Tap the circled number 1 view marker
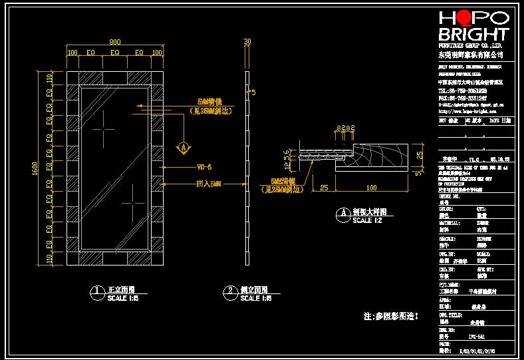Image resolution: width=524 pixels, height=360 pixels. click(97, 291)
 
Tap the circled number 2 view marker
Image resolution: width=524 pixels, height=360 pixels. click(230, 291)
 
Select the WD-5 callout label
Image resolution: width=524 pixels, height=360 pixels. click(204, 167)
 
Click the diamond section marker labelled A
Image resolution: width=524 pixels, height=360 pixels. click(183, 146)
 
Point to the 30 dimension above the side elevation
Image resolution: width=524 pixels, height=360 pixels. click(247, 41)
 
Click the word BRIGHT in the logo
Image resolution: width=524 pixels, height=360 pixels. click(473, 35)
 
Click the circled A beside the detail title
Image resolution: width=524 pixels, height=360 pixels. click(343, 214)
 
